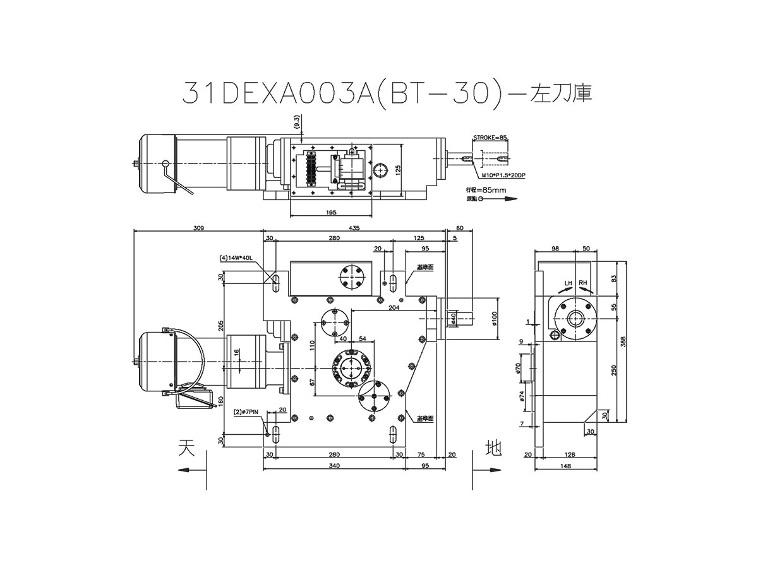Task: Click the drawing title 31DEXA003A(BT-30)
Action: pos(341,93)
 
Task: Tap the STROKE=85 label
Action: pos(490,137)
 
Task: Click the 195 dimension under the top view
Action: pos(331,213)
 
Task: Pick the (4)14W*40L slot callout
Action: pos(236,258)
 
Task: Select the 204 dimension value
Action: pos(394,307)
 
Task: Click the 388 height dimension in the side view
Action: pos(623,341)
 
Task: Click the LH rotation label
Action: pos(568,282)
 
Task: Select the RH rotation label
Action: pos(583,282)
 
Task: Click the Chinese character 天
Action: pos(184,449)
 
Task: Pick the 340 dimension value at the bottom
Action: pos(334,466)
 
